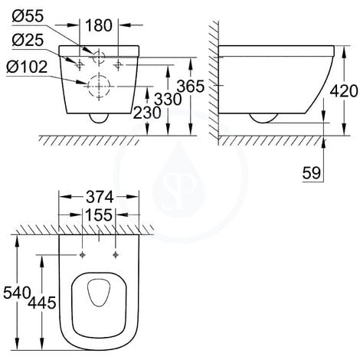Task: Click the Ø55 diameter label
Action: [28, 16]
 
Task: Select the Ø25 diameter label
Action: [28, 41]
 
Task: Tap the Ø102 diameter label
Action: [27, 67]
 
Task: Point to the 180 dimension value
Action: [99, 25]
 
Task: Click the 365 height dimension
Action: [191, 86]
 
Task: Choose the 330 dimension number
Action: [168, 99]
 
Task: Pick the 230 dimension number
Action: [147, 113]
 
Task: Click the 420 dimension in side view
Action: [344, 91]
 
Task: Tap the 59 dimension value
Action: [312, 173]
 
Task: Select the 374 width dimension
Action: [100, 197]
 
